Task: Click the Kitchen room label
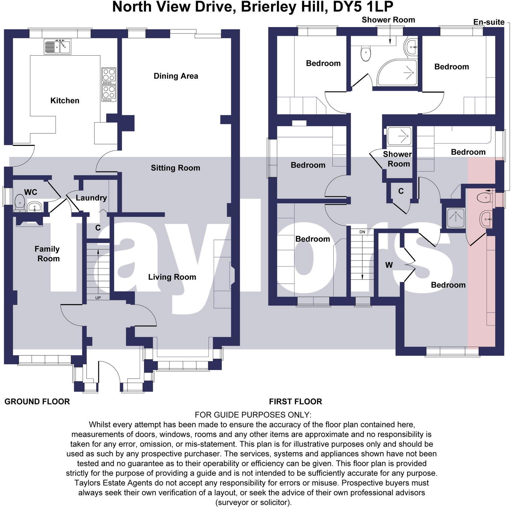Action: click(x=65, y=100)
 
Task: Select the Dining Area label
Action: click(x=176, y=76)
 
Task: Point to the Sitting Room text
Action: click(x=175, y=168)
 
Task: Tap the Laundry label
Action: click(x=91, y=198)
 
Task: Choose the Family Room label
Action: click(x=47, y=254)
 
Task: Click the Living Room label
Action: click(x=172, y=277)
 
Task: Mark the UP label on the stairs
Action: click(x=98, y=298)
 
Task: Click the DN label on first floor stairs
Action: click(x=362, y=232)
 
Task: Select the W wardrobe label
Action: click(x=389, y=265)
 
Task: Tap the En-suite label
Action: click(x=489, y=22)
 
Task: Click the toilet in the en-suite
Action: click(x=484, y=197)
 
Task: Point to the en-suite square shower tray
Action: click(x=456, y=218)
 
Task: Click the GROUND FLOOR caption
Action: click(x=37, y=402)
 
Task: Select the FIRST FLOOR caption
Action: click(x=295, y=402)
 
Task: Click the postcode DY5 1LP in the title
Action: click(x=363, y=7)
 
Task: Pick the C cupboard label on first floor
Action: click(x=401, y=191)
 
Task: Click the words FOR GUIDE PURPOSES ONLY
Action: click(x=253, y=415)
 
